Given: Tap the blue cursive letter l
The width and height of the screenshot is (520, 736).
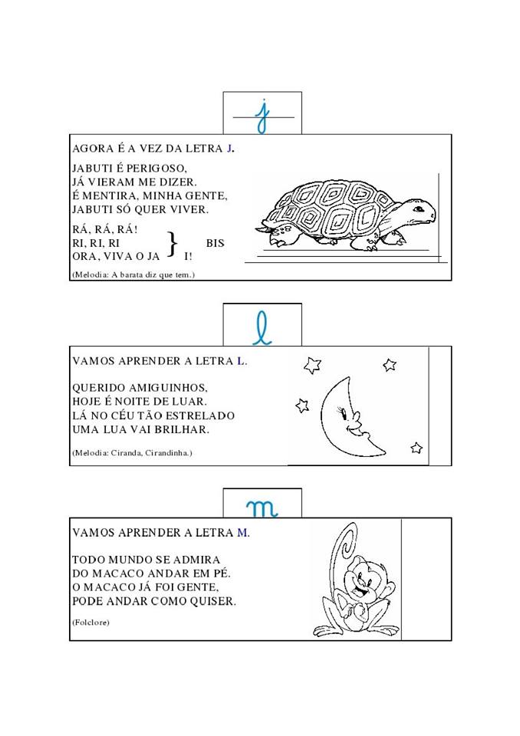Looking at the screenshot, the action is pyautogui.click(x=262, y=328).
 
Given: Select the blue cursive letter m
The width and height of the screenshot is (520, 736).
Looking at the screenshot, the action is pyautogui.click(x=262, y=508).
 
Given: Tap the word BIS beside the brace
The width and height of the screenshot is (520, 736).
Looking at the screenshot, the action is pyautogui.click(x=216, y=243).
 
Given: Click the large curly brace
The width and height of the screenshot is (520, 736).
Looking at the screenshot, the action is pyautogui.click(x=173, y=244).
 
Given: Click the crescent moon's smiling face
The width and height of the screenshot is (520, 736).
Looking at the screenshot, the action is pyautogui.click(x=351, y=419).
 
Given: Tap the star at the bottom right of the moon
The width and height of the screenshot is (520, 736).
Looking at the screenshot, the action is pyautogui.click(x=416, y=449).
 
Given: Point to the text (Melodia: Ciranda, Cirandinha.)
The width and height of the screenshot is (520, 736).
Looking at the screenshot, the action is pyautogui.click(x=133, y=453).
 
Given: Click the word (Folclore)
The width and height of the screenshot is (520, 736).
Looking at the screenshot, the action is pyautogui.click(x=91, y=623).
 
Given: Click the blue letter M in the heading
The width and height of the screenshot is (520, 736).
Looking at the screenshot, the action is pyautogui.click(x=243, y=533).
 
